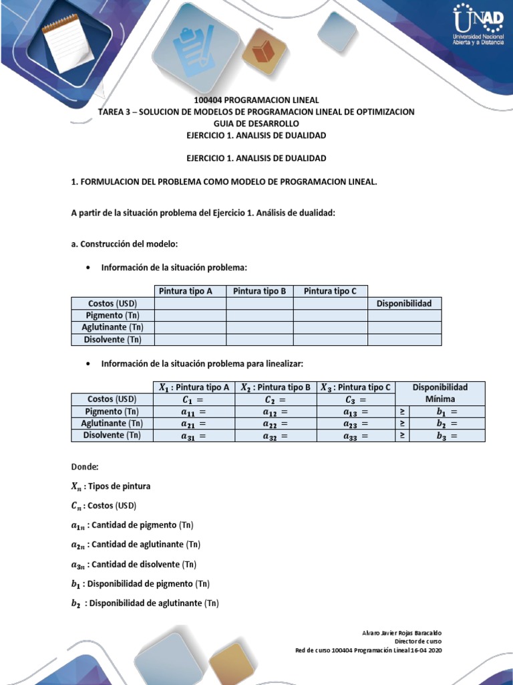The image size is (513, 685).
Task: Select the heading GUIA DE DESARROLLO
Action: point(256,124)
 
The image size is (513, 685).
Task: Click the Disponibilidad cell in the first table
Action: point(404,303)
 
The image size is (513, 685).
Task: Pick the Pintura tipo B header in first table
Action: point(259,291)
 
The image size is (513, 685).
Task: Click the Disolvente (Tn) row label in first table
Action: point(112,339)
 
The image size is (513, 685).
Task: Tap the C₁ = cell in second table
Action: point(194,399)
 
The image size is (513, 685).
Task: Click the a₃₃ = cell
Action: point(355,435)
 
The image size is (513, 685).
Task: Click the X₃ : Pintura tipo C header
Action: point(355,387)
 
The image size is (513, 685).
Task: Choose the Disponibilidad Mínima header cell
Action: point(440,393)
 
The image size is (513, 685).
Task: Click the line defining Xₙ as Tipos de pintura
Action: point(112,486)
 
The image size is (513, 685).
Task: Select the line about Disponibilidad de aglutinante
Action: point(145,603)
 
